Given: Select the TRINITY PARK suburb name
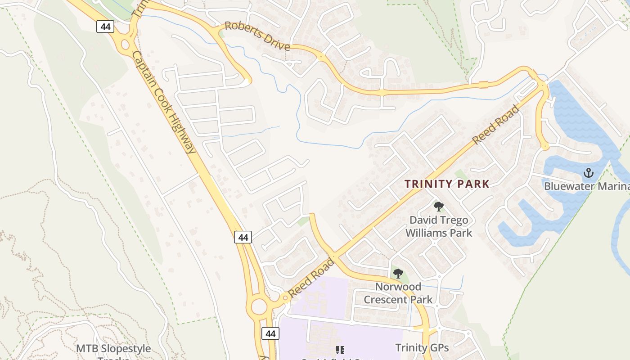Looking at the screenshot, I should [446, 184].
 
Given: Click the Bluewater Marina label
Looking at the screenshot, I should [586, 186].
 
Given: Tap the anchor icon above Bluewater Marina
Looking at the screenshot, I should [588, 173].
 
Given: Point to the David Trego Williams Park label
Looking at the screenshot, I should [439, 226].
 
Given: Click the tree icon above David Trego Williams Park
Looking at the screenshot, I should [439, 207].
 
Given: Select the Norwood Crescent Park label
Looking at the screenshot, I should [398, 293].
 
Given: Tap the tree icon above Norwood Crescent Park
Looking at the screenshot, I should [398, 273].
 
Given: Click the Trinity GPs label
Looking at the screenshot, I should [422, 347].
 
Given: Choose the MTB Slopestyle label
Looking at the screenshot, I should [113, 349].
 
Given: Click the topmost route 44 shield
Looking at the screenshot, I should [105, 27].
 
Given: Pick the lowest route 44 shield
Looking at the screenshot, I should [270, 333].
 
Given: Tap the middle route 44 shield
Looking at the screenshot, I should [243, 237].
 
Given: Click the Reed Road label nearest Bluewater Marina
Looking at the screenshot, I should [496, 125].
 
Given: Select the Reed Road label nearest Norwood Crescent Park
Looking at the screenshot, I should [311, 278].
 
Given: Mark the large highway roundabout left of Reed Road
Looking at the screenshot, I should [259, 307].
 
